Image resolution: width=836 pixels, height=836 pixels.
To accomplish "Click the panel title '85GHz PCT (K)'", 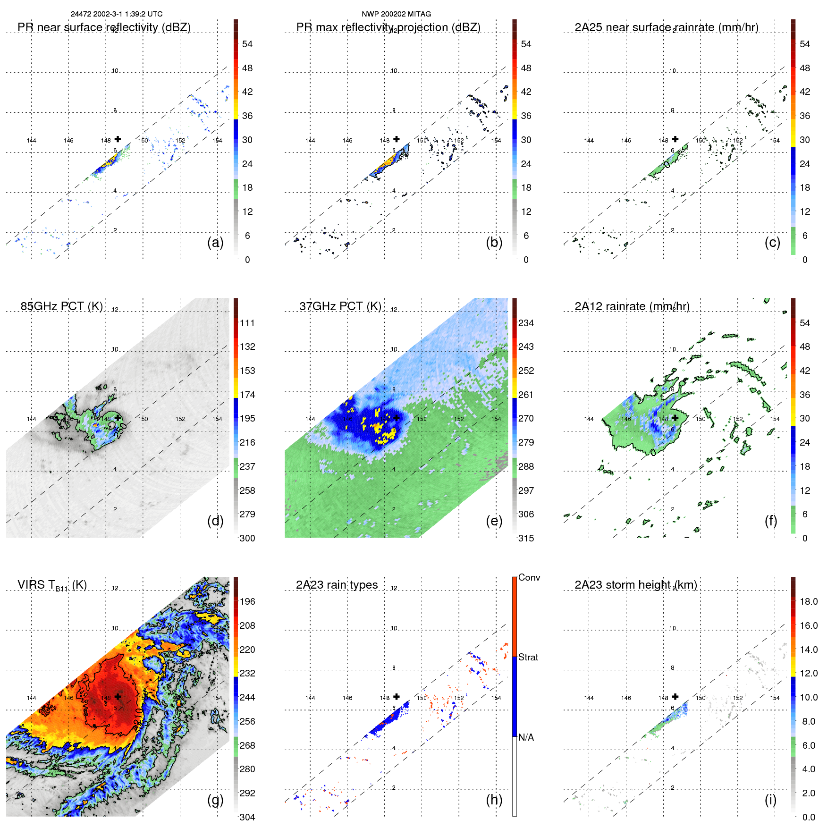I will (61, 306).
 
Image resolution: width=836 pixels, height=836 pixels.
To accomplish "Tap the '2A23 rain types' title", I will (337, 585).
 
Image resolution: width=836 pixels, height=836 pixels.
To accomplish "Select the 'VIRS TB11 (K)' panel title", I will (52, 585).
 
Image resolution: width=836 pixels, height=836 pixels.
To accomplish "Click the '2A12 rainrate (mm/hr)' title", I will (632, 306).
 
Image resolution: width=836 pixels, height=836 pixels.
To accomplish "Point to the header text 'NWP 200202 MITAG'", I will (396, 14).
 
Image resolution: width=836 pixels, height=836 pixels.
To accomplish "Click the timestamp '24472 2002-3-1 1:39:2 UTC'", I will (116, 14).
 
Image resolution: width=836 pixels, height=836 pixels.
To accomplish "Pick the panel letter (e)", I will (494, 521).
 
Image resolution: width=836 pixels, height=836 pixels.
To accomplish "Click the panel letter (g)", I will (215, 800).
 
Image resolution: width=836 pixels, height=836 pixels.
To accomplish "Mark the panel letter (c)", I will (772, 242).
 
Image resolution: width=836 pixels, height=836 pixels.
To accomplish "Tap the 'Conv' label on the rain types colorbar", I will (529, 577).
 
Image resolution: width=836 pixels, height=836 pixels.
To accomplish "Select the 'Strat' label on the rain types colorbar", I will (528, 657).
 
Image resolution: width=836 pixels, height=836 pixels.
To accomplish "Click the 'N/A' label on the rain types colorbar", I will (526, 737).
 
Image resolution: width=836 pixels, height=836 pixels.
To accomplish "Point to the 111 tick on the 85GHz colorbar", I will (247, 323).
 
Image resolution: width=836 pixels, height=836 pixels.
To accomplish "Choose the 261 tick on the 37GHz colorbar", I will (526, 395).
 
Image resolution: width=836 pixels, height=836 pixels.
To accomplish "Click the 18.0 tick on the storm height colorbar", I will (808, 601).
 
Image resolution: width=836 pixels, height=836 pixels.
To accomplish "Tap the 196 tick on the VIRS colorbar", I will (247, 601).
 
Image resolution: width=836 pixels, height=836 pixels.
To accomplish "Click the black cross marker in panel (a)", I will (118, 139).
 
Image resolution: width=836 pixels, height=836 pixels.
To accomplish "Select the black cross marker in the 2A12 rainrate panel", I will (675, 418).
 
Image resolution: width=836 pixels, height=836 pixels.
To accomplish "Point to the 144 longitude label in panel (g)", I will (31, 698).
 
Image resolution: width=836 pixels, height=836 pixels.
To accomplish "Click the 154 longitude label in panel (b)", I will (496, 140).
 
